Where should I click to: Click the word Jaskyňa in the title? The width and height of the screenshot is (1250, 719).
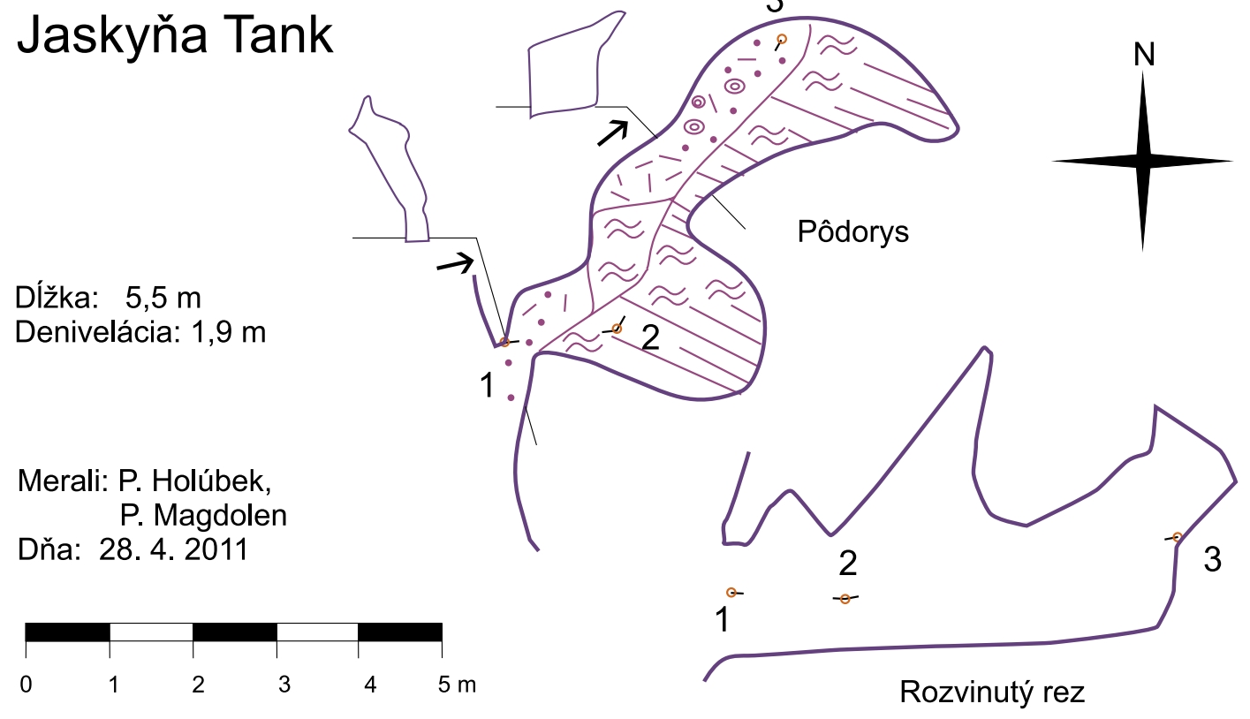click(x=110, y=36)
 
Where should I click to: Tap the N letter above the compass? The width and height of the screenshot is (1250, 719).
click(x=1144, y=56)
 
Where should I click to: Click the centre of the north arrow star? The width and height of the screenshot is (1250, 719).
click(x=1143, y=162)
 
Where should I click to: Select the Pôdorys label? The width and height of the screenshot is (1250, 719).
click(x=852, y=232)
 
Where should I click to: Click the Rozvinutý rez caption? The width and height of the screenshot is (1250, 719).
click(x=992, y=692)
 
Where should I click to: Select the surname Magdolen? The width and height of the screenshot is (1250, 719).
click(x=202, y=516)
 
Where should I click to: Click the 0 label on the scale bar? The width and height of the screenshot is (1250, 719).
click(x=27, y=685)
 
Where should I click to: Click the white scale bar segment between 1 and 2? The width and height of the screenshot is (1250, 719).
click(x=151, y=632)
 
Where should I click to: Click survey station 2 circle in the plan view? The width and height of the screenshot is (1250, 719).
click(x=617, y=329)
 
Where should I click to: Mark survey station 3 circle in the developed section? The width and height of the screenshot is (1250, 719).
click(x=1177, y=536)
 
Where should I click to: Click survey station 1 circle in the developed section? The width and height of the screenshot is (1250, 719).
click(x=731, y=592)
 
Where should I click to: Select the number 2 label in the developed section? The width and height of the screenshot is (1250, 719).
click(x=848, y=563)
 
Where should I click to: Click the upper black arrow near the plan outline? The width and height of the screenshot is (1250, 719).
click(x=612, y=132)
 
